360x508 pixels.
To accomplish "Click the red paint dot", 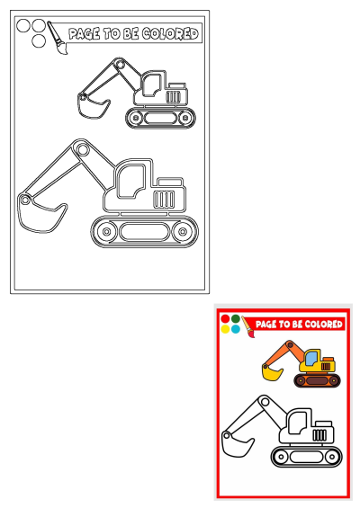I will tap(225, 319).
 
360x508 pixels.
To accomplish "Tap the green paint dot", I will tap(236, 319).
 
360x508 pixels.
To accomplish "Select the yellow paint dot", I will tap(225, 329).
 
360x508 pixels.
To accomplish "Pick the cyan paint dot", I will tap(236, 329).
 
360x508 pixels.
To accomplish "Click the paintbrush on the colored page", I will tap(249, 327).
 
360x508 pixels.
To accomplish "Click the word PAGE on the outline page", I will tap(85, 34).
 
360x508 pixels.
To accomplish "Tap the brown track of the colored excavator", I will tap(315, 380).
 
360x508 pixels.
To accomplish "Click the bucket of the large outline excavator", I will tap(40, 216).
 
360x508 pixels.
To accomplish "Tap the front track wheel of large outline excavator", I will tap(107, 231).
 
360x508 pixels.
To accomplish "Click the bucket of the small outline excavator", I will tap(91, 107).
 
